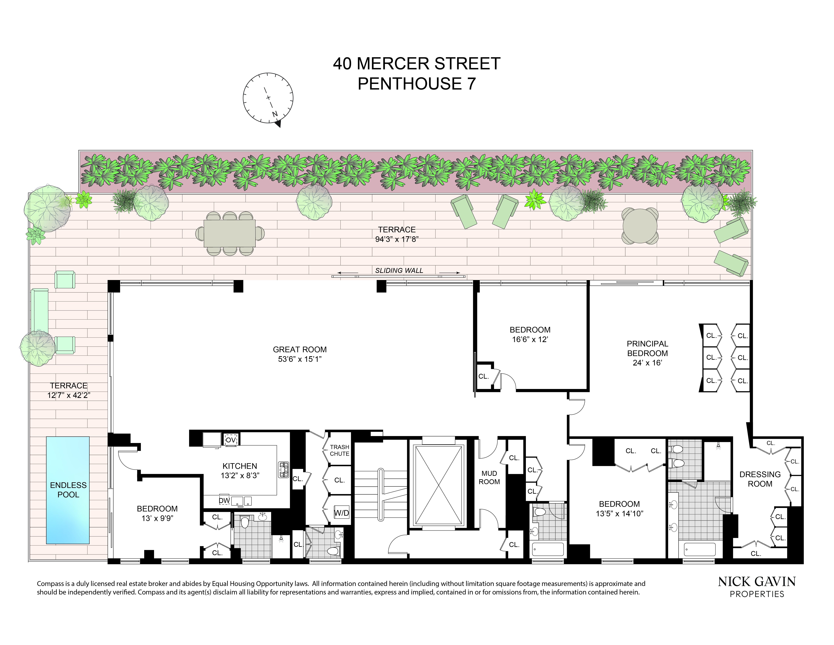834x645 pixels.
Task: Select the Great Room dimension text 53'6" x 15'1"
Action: (x=300, y=359)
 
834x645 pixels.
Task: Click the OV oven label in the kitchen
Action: (x=231, y=440)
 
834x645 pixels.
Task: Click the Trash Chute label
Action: (x=340, y=450)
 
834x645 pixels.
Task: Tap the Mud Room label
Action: (x=489, y=478)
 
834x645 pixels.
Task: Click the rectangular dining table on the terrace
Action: (x=230, y=233)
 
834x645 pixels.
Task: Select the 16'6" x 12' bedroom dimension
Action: (x=530, y=339)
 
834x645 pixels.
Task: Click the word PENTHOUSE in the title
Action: (x=410, y=84)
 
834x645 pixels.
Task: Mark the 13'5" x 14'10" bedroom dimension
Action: (x=619, y=514)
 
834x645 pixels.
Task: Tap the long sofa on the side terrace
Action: (x=39, y=311)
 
